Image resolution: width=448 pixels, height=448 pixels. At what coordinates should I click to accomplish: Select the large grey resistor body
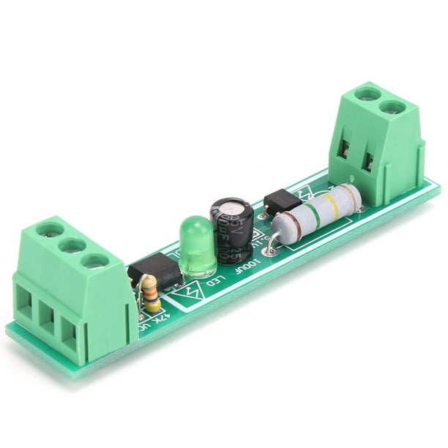click(x=316, y=210)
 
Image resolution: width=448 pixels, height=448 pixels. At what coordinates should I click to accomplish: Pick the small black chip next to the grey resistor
click(x=281, y=199)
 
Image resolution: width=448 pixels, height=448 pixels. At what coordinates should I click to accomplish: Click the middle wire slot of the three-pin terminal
click(x=48, y=317)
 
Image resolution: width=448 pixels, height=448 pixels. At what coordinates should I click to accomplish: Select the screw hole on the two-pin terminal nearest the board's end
click(x=393, y=107)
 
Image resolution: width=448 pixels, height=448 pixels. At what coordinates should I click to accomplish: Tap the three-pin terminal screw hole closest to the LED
click(x=94, y=259)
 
